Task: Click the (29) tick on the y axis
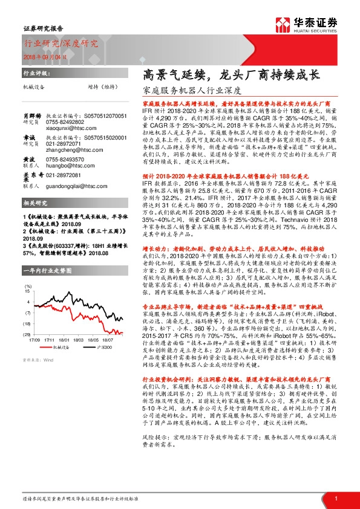click(27, 350)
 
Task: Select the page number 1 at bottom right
click(336, 498)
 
